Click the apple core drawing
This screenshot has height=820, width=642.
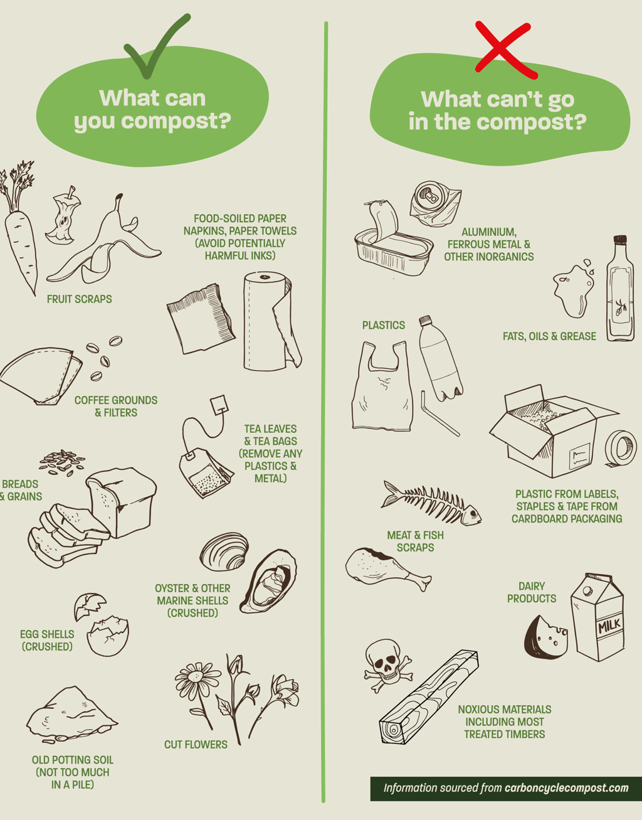(x=63, y=215)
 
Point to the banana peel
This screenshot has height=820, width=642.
(x=109, y=245)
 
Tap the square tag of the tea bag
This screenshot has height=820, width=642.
(x=219, y=405)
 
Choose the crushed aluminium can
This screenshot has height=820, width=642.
(x=435, y=204)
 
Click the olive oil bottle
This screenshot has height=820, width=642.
(x=620, y=289)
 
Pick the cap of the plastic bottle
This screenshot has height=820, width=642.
(x=425, y=321)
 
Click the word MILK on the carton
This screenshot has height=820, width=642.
(x=609, y=626)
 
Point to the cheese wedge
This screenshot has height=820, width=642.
(x=545, y=638)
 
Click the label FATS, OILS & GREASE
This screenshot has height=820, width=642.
(x=549, y=336)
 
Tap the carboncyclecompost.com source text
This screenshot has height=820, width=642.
(x=567, y=788)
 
